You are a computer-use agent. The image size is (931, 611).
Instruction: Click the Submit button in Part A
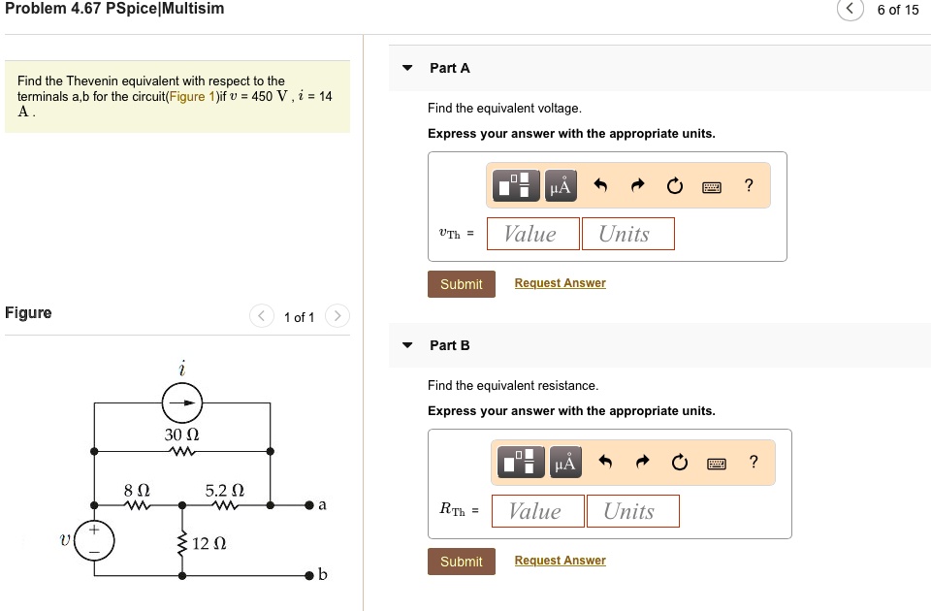(x=461, y=284)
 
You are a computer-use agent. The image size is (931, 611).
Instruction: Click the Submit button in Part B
(x=461, y=562)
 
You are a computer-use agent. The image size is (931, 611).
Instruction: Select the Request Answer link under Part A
(x=560, y=283)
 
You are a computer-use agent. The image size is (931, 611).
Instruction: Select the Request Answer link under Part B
(x=560, y=561)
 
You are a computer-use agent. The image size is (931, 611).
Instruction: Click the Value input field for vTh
(x=530, y=234)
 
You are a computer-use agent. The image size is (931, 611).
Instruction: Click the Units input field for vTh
(x=626, y=234)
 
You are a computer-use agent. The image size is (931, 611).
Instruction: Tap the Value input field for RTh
(x=536, y=511)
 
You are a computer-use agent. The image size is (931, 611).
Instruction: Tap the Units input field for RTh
(x=631, y=511)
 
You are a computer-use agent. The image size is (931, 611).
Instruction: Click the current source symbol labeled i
(x=181, y=402)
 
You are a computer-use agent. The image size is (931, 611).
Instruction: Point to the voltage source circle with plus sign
(x=94, y=539)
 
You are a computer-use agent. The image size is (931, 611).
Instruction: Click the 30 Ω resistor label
(x=181, y=434)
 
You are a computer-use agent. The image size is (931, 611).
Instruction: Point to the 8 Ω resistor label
(x=136, y=491)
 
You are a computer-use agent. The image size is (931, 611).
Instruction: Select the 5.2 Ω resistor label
(x=223, y=491)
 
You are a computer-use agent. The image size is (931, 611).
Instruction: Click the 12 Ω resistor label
(x=209, y=543)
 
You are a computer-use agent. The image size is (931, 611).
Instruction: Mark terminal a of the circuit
(x=309, y=505)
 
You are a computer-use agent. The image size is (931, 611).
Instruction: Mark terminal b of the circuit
(x=309, y=575)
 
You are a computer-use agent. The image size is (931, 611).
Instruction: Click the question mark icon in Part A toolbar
(x=749, y=185)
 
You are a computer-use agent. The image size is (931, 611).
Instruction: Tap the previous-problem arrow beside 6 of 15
(x=851, y=10)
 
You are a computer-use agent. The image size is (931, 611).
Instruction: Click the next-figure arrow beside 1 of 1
(x=336, y=316)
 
